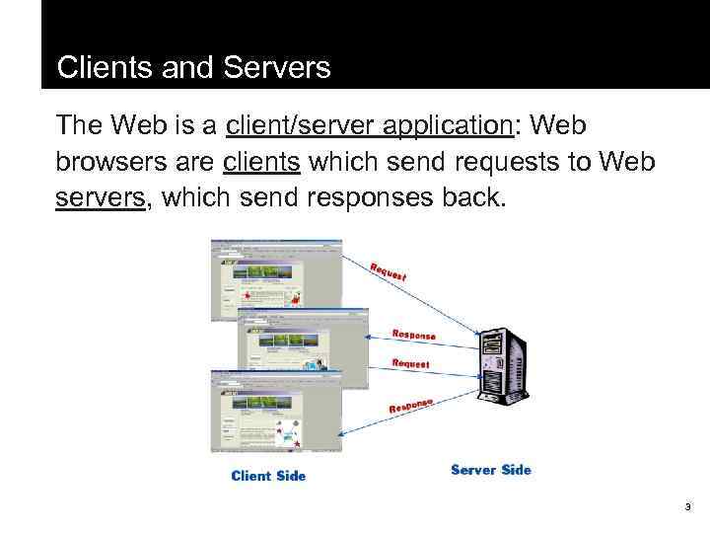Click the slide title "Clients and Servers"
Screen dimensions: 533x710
pyautogui.click(x=193, y=68)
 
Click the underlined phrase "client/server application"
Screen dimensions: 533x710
pyautogui.click(x=365, y=126)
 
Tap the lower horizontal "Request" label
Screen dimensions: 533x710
pyautogui.click(x=410, y=363)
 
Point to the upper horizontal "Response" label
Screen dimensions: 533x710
pyautogui.click(x=413, y=335)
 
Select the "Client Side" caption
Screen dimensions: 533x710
pyautogui.click(x=268, y=476)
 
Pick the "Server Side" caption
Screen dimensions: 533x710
pyautogui.click(x=490, y=470)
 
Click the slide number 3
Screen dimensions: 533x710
pyautogui.click(x=687, y=507)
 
